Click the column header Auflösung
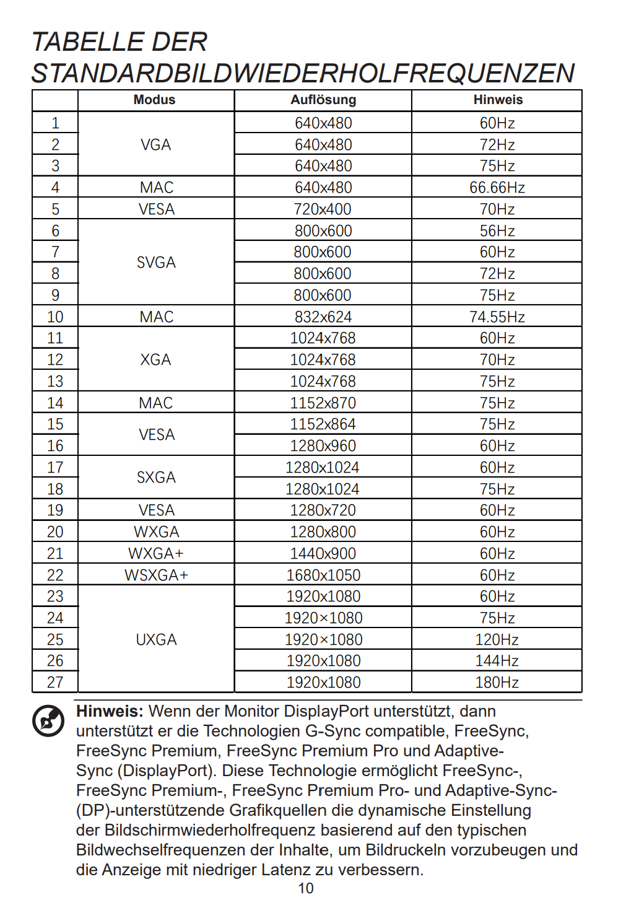pos(323,100)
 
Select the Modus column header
pos(155,100)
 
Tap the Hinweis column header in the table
pos(498,100)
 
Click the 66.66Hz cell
pos(497,188)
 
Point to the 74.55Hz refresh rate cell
pos(497,317)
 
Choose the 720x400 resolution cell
pos(323,209)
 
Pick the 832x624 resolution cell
pos(323,317)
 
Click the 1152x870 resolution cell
pos(323,403)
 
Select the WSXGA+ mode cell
pos(156,575)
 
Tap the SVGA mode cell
pos(156,263)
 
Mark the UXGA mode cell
pos(156,640)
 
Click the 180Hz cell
pos(497,683)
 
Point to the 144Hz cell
pos(497,661)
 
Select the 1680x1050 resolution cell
pos(323,575)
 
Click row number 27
pos(55,683)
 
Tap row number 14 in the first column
pos(55,403)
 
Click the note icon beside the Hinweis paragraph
pos(48,720)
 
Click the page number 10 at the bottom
pos(306,888)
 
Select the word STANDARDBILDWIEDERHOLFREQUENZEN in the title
pos(303,73)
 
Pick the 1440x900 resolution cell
pos(323,554)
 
